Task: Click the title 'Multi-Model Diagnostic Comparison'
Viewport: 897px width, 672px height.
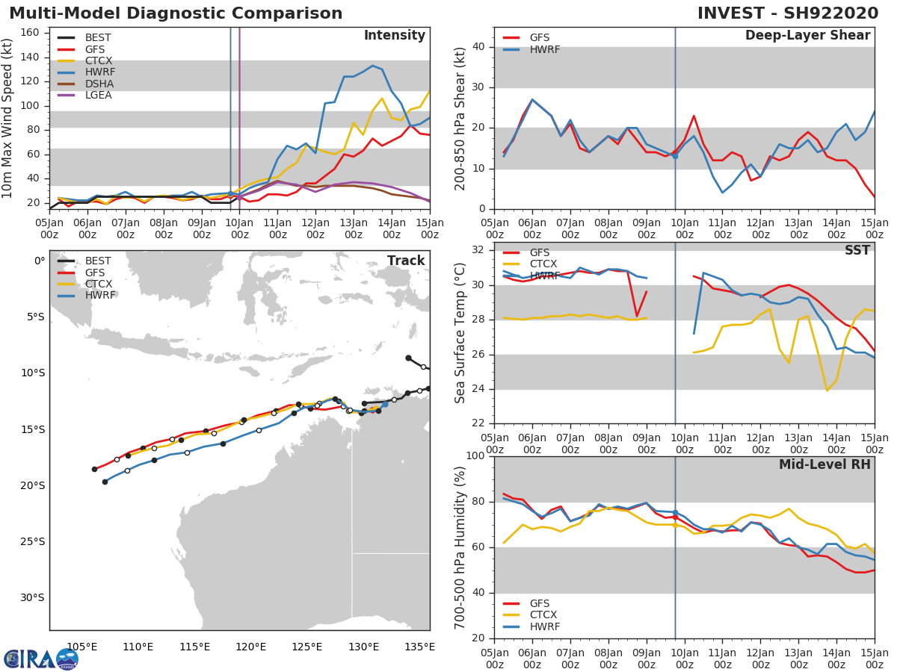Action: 176,13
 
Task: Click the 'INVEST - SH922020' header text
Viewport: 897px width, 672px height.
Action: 788,13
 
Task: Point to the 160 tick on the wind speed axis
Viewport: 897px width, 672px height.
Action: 34,33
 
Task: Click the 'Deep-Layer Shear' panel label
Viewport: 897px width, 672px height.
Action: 807,36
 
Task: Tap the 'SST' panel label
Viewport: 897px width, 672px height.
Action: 857,250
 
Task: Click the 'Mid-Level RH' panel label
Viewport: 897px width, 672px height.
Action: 824,464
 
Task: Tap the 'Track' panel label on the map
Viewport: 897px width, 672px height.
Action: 406,261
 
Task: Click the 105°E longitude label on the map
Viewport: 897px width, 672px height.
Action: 82,647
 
